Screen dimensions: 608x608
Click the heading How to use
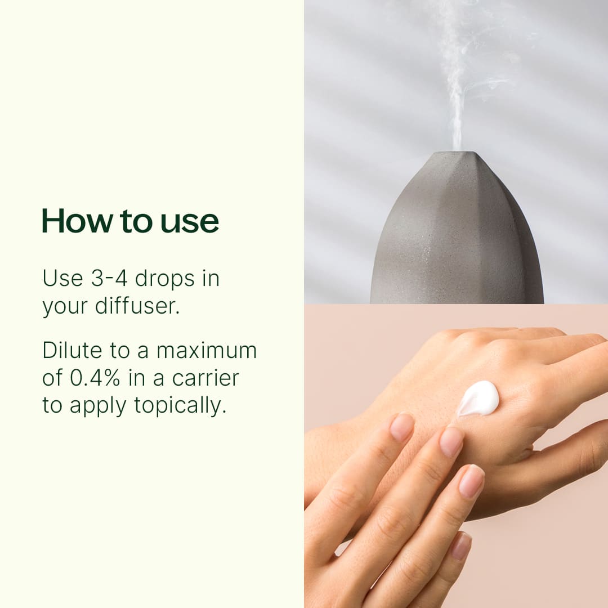tap(130, 221)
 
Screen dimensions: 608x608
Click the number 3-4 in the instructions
tap(109, 278)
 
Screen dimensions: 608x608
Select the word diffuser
tap(137, 306)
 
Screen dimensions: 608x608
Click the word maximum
tap(206, 350)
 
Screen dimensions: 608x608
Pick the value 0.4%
tap(95, 378)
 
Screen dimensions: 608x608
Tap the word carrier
tap(205, 378)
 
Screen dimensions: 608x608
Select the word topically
tap(180, 406)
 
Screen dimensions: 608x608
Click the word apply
tap(98, 406)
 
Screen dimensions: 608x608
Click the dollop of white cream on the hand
tap(478, 399)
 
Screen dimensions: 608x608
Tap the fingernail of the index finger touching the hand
tap(402, 427)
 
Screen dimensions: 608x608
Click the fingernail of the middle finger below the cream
tap(451, 442)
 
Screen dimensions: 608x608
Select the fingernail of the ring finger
tap(472, 481)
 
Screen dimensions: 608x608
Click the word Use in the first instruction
tap(63, 278)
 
